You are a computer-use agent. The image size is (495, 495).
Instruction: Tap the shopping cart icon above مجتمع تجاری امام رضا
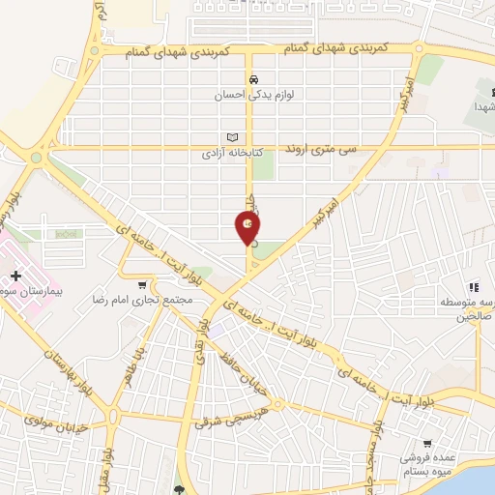(x=143, y=285)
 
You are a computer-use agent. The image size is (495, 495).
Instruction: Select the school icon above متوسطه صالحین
(x=474, y=287)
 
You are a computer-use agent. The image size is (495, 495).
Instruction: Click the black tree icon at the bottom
(x=178, y=488)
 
